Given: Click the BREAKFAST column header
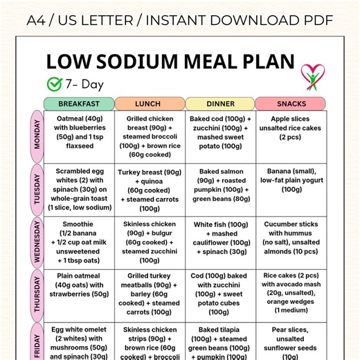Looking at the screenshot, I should pyautogui.click(x=78, y=104).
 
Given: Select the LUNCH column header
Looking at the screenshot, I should pyautogui.click(x=150, y=104).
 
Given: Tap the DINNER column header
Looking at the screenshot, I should pyautogui.click(x=220, y=104).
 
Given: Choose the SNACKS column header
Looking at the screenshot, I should pyautogui.click(x=291, y=104).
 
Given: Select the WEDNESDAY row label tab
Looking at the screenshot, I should pyautogui.click(x=37, y=242).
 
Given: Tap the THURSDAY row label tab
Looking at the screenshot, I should pyautogui.click(x=37, y=295).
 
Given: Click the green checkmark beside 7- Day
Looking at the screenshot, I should pyautogui.click(x=54, y=84).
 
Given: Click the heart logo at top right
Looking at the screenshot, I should pyautogui.click(x=311, y=75).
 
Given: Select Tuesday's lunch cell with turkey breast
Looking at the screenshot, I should pyautogui.click(x=150, y=189).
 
